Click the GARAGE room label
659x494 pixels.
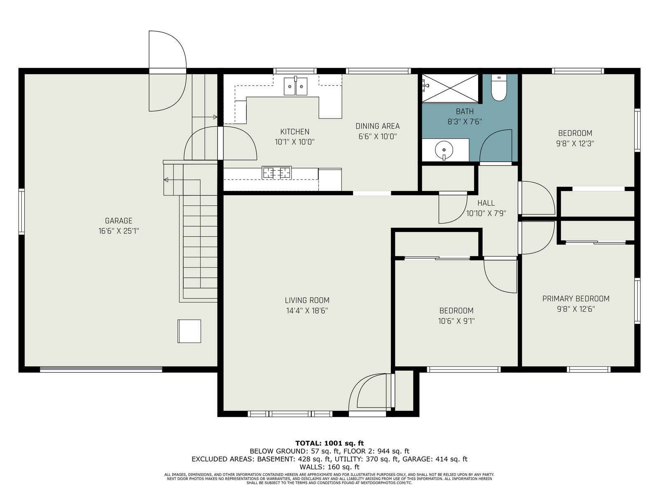pyautogui.click(x=118, y=221)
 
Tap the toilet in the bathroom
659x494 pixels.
pyautogui.click(x=499, y=88)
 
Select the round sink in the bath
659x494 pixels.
pyautogui.click(x=444, y=149)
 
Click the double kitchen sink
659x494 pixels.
pyautogui.click(x=296, y=86)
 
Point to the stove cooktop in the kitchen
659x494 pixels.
pyautogui.click(x=276, y=173)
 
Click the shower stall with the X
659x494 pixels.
pyautogui.click(x=450, y=88)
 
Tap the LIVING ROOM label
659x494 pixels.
pyautogui.click(x=307, y=300)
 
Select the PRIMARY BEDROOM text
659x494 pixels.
pyautogui.click(x=575, y=299)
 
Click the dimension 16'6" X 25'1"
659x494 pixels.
pyautogui.click(x=119, y=231)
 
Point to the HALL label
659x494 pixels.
pyautogui.click(x=486, y=203)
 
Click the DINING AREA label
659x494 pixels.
pyautogui.click(x=377, y=126)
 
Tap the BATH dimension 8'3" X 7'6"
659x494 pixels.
pyautogui.click(x=465, y=121)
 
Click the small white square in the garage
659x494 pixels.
pyautogui.click(x=189, y=331)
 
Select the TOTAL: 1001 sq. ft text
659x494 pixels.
pyautogui.click(x=329, y=443)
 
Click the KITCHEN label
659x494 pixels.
pyautogui.click(x=294, y=131)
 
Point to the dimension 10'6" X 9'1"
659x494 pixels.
pyautogui.click(x=456, y=321)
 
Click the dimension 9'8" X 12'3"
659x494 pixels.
pyautogui.click(x=575, y=143)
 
